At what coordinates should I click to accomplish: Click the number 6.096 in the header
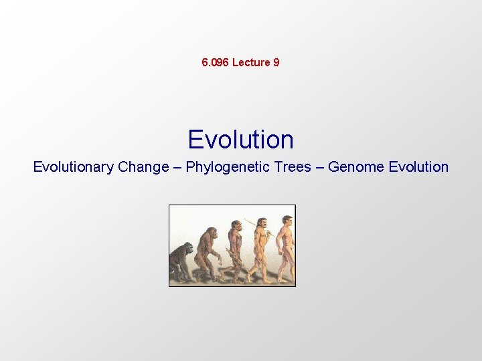[x=215, y=63]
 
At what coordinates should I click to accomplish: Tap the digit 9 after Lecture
[x=276, y=63]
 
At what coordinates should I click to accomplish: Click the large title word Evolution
[x=240, y=140]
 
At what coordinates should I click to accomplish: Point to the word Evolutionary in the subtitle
[x=74, y=167]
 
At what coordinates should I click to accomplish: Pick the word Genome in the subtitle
[x=353, y=167]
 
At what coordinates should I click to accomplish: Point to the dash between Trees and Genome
[x=320, y=167]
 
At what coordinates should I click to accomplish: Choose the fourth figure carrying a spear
[x=261, y=247]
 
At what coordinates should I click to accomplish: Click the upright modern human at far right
[x=285, y=246]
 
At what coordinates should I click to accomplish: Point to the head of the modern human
[x=287, y=220]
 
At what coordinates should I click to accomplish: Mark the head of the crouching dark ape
[x=187, y=249]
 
